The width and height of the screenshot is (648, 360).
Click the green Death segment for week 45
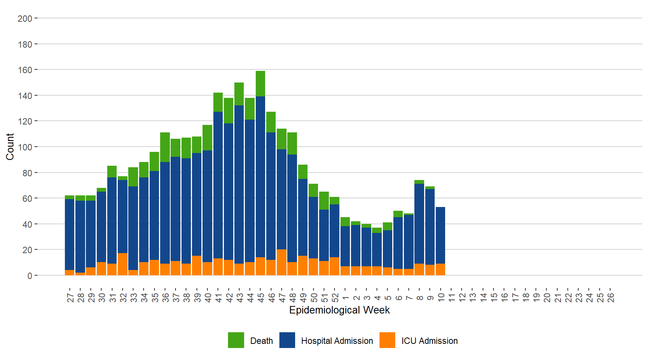260,84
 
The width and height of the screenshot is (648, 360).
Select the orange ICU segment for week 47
282,262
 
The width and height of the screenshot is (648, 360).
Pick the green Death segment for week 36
165,147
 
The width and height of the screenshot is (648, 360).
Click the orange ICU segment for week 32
123,264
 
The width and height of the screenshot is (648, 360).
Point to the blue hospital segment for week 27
69,234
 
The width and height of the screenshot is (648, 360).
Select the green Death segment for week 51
324,201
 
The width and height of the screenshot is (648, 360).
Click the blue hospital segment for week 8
419,223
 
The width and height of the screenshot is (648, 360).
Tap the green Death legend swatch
236,340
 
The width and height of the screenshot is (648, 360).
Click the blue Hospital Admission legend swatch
287,340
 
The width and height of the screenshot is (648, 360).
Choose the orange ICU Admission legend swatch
387,340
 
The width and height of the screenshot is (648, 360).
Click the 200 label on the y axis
25,18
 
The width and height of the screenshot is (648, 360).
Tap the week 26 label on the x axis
610,298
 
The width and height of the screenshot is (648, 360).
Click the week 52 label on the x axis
335,298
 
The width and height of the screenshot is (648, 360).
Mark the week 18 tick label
526,298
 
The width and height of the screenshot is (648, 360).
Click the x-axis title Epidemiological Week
339,310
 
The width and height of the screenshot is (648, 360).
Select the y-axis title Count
10,147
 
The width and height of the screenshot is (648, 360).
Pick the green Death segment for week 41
218,102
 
